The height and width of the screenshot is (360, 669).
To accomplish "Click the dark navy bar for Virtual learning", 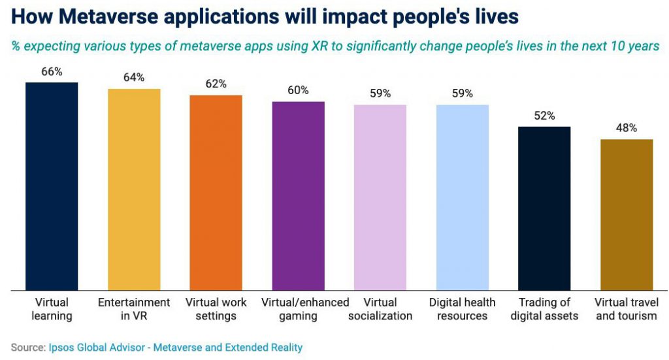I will [x=52, y=186].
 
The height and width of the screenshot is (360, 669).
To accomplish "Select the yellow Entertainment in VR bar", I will [x=134, y=189].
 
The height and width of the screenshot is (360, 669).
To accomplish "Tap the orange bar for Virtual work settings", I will [x=216, y=192].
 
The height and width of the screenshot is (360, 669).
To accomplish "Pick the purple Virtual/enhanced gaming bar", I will [x=298, y=195].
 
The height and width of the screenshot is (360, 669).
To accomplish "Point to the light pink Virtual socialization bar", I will [x=380, y=197].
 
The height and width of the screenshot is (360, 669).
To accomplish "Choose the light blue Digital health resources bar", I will [x=463, y=197].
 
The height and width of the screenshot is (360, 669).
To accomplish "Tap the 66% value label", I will [x=52, y=72].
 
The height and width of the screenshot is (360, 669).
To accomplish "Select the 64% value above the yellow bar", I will [x=134, y=78].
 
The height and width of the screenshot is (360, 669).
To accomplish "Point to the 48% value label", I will [x=627, y=128].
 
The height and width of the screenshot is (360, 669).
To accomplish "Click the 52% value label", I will [x=544, y=116].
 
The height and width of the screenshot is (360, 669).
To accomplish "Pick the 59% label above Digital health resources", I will [x=463, y=93].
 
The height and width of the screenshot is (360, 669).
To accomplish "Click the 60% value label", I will [x=298, y=90].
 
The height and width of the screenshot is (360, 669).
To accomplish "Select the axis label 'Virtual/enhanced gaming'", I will [x=305, y=309].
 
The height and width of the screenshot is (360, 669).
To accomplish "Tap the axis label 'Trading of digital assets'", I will [x=544, y=309].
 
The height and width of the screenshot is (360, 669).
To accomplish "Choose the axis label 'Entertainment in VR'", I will [x=134, y=309].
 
